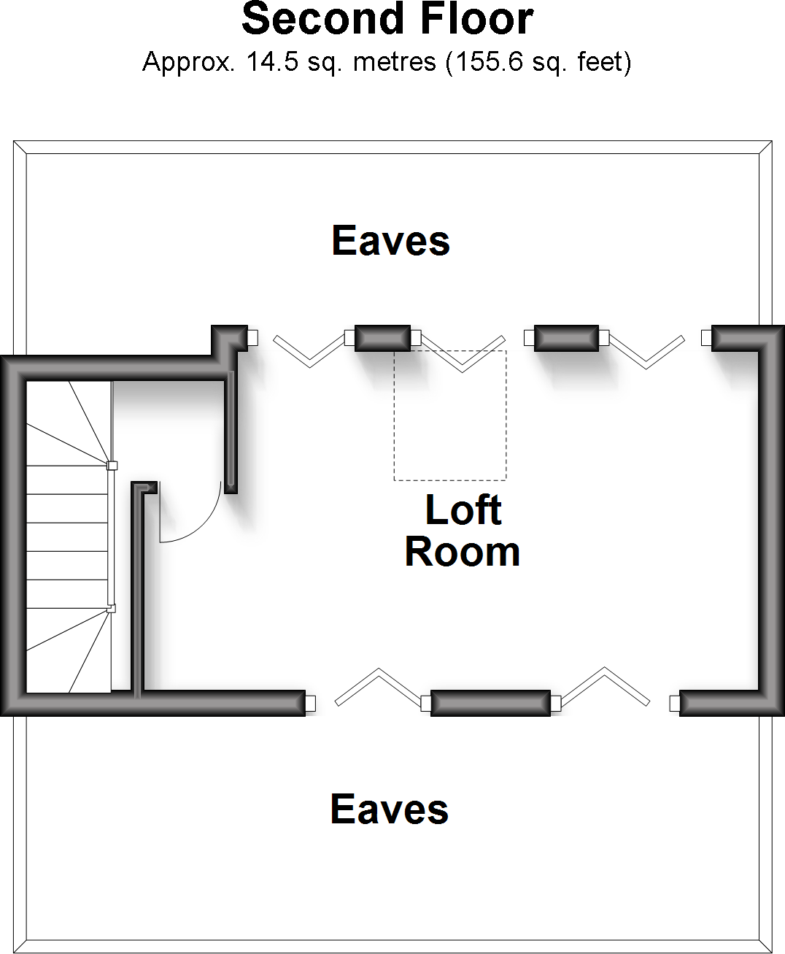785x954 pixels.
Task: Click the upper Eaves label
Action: point(390,241)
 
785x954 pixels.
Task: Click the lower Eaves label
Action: point(389,809)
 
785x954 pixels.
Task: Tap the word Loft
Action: point(463,510)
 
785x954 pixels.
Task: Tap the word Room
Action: point(462,552)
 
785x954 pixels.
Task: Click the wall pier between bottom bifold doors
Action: point(490,703)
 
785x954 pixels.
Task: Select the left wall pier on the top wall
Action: point(382,338)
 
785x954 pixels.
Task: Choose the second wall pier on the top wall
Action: point(566,338)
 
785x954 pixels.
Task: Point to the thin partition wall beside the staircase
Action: point(137,591)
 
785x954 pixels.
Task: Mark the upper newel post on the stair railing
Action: point(112,465)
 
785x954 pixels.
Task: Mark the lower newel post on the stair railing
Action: point(111,607)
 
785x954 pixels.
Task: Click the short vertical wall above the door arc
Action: point(231,431)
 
